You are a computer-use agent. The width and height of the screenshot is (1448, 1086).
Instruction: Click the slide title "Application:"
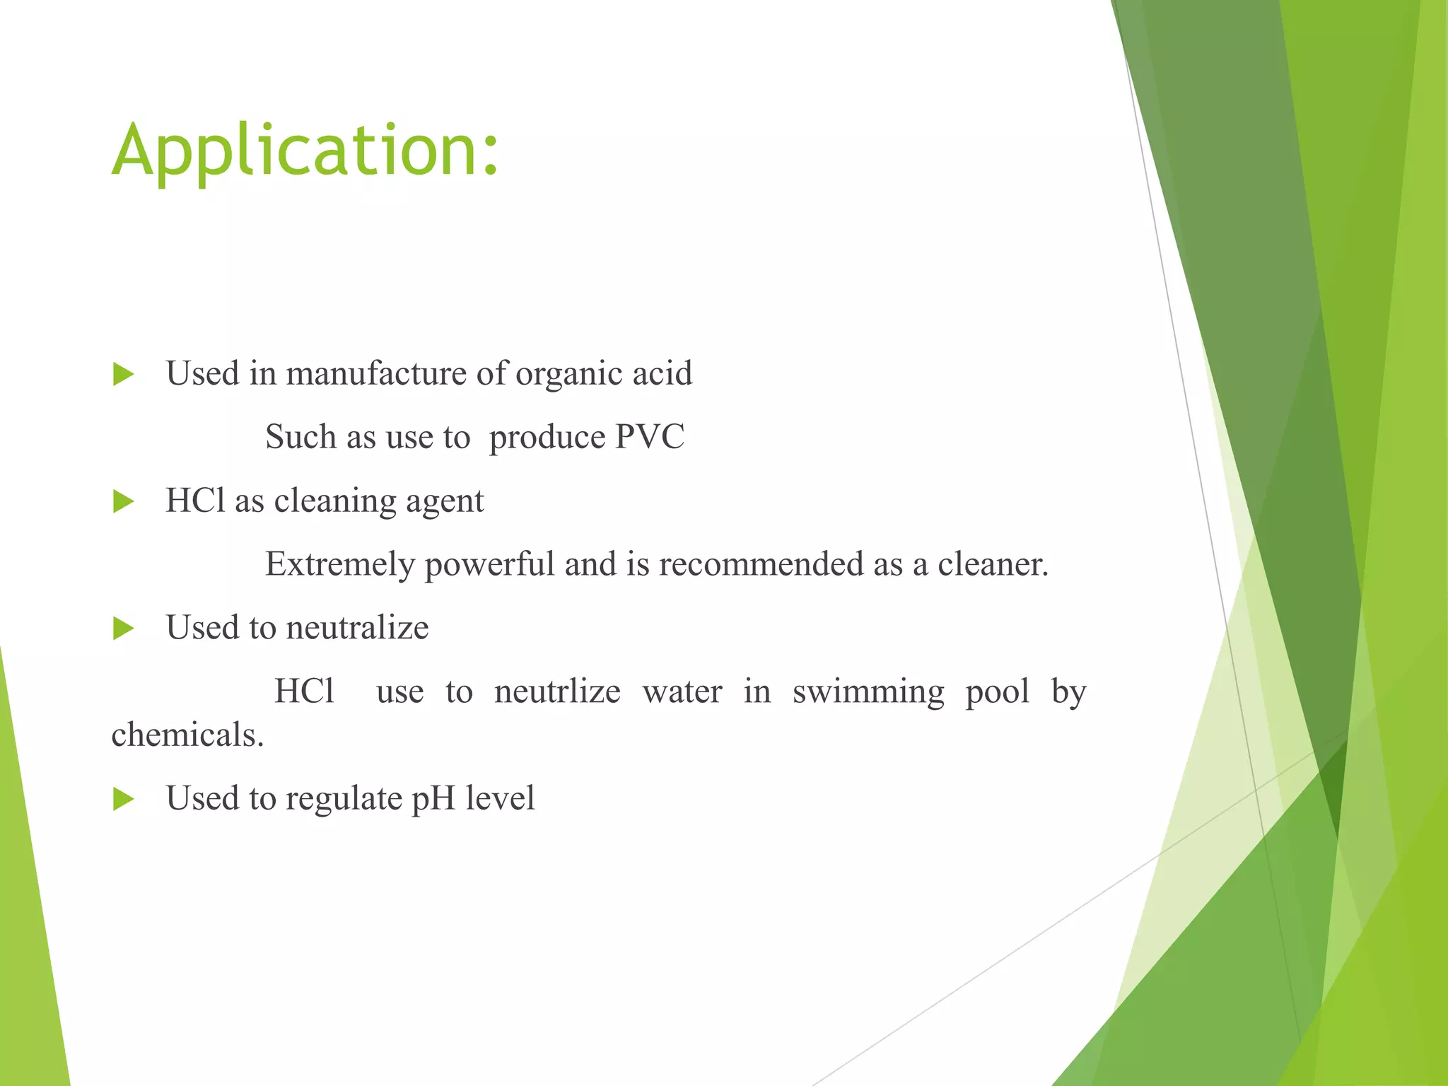[305, 150]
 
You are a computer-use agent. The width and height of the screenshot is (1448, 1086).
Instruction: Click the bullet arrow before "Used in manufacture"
[124, 375]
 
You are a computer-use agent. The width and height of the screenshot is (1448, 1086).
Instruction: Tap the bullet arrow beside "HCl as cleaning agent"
[124, 502]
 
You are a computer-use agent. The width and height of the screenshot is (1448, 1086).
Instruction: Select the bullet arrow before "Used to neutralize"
[124, 629]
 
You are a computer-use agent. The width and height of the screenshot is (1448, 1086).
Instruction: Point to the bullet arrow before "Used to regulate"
[124, 800]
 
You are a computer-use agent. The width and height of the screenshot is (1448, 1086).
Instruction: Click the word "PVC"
[649, 437]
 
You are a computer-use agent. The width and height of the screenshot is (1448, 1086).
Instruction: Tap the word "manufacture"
[375, 373]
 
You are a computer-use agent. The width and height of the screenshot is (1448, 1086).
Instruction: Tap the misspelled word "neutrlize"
[557, 691]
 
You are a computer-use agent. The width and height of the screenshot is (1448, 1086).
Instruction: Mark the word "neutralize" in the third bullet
[357, 628]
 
